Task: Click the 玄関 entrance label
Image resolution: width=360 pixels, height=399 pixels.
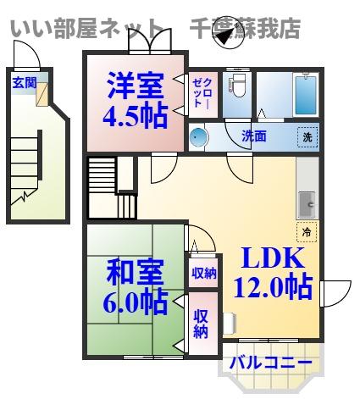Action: pos(24,82)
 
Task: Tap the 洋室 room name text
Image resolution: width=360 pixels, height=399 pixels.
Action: pos(134,86)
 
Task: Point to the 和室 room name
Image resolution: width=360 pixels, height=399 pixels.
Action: pos(134,274)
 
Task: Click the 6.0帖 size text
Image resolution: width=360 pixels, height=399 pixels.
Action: pos(134,302)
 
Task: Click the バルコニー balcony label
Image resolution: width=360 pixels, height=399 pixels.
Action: pos(271,363)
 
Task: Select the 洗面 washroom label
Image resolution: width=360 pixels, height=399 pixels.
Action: pos(253,136)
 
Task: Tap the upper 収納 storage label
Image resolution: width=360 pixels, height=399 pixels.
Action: pos(202,273)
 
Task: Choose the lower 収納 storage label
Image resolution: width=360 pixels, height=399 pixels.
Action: pos(202,322)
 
